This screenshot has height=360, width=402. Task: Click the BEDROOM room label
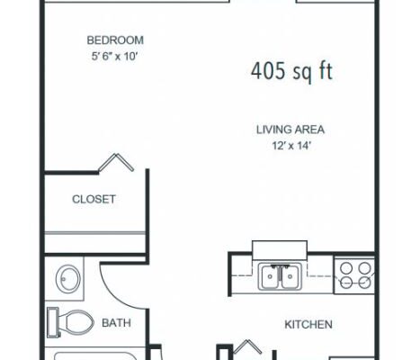(115, 40)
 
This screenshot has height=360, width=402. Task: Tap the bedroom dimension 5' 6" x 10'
(114, 56)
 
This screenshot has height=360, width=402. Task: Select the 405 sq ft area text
(291, 71)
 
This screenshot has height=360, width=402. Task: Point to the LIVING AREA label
(290, 130)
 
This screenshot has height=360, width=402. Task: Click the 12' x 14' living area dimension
(290, 146)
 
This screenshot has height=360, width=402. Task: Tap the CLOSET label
(94, 199)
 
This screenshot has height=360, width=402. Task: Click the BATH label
(116, 323)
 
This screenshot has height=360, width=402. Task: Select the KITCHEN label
(308, 324)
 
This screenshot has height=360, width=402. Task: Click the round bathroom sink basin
(68, 279)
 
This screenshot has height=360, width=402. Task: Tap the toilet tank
(53, 322)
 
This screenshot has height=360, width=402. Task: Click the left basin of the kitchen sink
(270, 277)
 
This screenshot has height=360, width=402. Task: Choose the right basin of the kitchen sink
(290, 277)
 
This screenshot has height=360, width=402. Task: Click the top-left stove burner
(346, 268)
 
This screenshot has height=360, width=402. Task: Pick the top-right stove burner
(365, 268)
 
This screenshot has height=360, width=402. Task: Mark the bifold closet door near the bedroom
(116, 162)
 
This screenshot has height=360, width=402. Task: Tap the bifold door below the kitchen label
(247, 347)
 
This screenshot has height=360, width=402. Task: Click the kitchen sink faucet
(280, 266)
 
